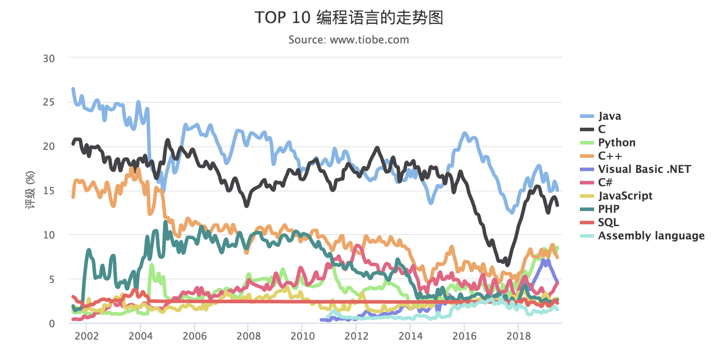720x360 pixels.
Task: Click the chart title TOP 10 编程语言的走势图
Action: pos(349,18)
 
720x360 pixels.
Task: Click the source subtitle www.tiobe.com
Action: pos(348,40)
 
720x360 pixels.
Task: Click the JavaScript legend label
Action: pos(625,196)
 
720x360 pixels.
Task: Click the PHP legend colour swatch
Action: pos(587,209)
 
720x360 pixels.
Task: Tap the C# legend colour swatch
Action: pos(587,183)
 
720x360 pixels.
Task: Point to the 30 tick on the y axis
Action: pos(49,59)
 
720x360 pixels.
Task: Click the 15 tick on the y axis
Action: pos(49,191)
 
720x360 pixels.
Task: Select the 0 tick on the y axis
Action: pos(52,324)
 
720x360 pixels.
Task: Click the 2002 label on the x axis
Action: pos(86,336)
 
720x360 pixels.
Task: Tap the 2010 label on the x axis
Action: pos(302,336)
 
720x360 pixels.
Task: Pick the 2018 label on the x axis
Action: pos(518,336)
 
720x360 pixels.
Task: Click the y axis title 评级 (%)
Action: pos(30,190)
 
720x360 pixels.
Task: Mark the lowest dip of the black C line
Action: pos(508,265)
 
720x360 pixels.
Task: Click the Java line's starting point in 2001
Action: pos(73,89)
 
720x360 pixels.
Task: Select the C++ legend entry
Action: pos(610,156)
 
